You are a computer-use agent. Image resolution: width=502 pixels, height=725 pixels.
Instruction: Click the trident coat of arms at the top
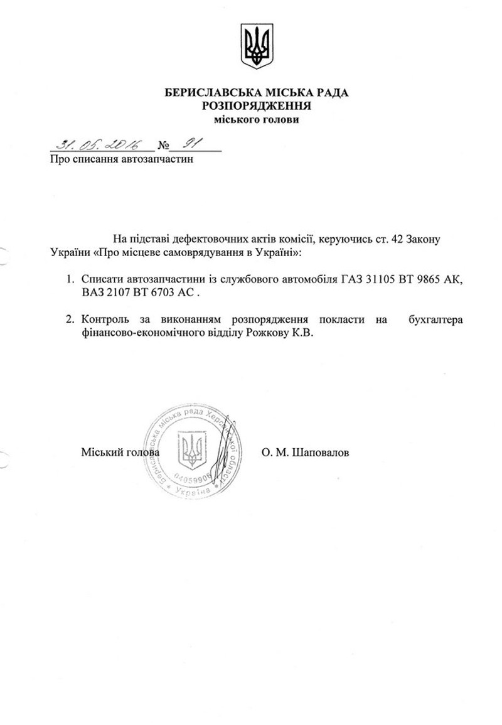pyautogui.click(x=256, y=46)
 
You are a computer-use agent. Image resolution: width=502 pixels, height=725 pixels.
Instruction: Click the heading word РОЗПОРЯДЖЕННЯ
pyautogui.click(x=257, y=106)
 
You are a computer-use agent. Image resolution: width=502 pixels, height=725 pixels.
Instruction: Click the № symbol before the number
pyautogui.click(x=164, y=147)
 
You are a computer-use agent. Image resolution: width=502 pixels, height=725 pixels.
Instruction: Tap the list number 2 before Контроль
pyautogui.click(x=70, y=320)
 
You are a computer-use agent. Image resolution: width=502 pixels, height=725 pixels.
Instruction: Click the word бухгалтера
pyautogui.click(x=435, y=320)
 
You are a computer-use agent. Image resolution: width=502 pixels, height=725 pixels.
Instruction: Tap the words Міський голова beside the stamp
pyautogui.click(x=120, y=452)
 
